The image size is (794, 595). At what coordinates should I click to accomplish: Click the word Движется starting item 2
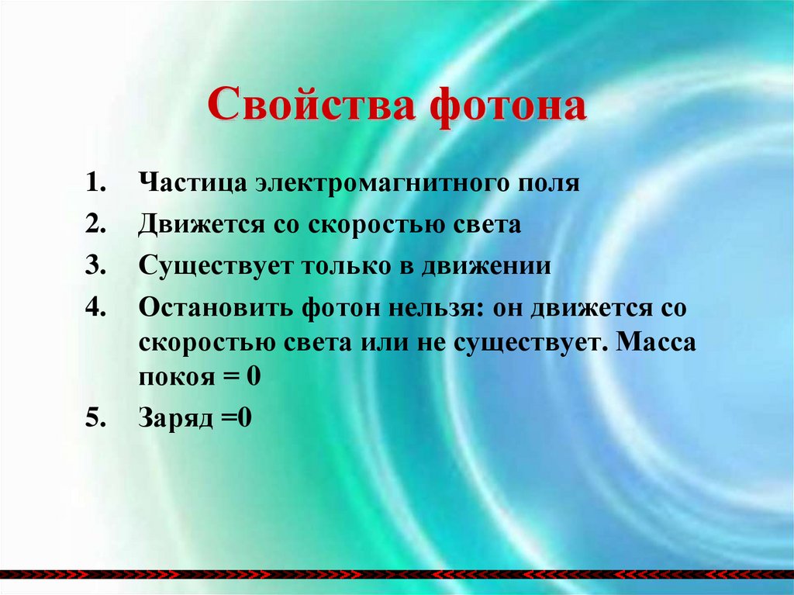click(x=199, y=225)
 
